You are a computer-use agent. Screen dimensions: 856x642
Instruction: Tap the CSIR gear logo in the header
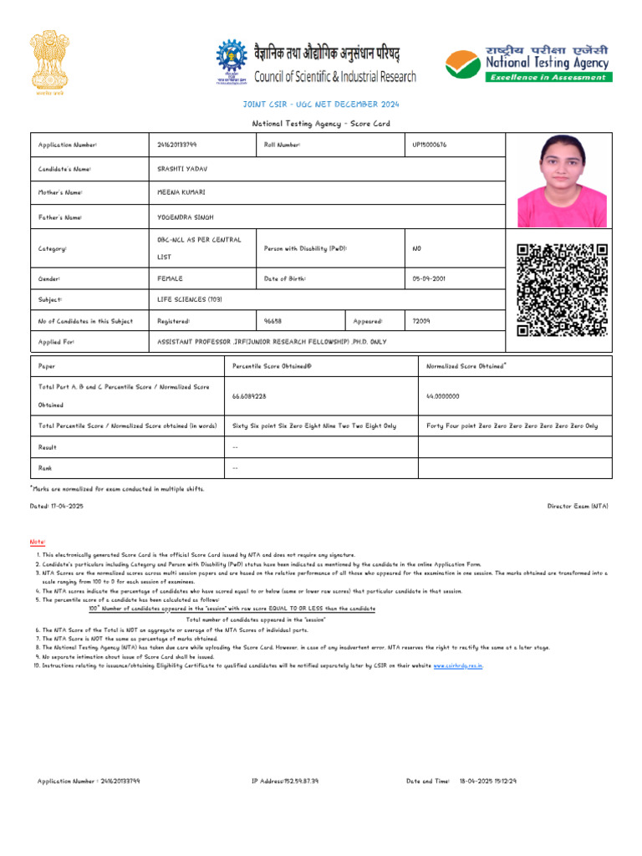tap(232, 62)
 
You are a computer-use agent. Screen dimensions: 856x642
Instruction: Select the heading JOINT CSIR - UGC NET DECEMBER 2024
tap(320, 104)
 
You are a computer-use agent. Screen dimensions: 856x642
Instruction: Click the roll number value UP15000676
tap(430, 145)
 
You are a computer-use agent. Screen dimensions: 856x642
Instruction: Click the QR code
tap(561, 289)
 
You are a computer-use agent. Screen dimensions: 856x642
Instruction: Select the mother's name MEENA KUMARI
tap(181, 192)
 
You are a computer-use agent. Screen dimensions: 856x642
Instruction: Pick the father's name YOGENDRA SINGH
tap(185, 217)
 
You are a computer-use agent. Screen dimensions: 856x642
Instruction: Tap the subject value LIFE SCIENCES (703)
tap(190, 298)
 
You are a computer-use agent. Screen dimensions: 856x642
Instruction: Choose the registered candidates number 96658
tap(273, 320)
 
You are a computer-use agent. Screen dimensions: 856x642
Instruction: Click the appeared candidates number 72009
tap(421, 320)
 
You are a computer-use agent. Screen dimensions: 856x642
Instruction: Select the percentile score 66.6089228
tap(250, 396)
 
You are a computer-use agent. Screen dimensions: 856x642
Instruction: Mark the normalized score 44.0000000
tap(443, 396)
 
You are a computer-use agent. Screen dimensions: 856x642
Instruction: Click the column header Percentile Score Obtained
tap(272, 366)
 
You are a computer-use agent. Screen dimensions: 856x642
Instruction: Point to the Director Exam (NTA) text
tap(578, 507)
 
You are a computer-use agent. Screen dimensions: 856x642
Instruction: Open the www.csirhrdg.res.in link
tap(457, 665)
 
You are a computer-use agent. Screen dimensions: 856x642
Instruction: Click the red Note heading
tap(38, 543)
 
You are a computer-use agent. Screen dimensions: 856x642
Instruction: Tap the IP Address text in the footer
tap(285, 781)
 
